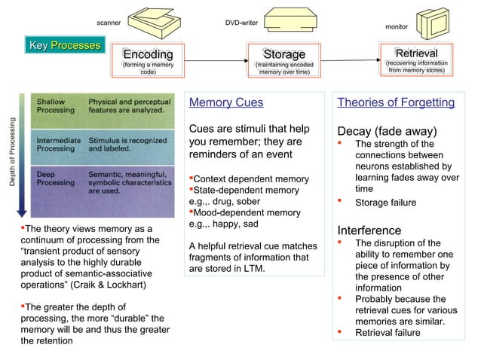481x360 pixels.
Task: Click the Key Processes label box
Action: click(x=64, y=45)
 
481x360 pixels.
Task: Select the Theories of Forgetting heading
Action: click(x=396, y=102)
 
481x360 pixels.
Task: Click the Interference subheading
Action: click(x=369, y=230)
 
